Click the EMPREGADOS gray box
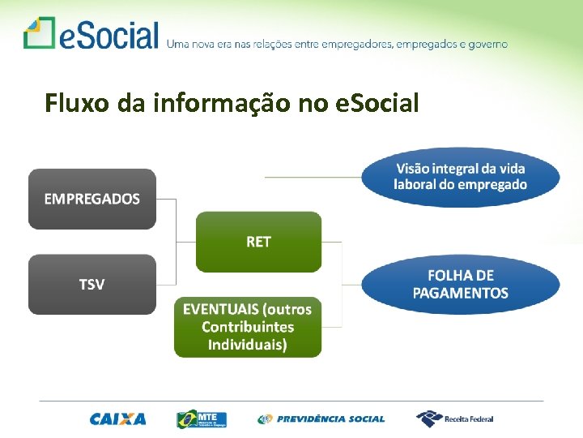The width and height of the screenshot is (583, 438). click(91, 199)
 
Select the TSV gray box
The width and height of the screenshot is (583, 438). click(91, 285)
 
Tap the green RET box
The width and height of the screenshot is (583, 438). click(258, 242)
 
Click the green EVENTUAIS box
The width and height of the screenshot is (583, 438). click(247, 327)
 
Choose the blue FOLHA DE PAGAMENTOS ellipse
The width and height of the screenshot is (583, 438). click(460, 285)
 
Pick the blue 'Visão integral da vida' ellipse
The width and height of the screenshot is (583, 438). click(460, 177)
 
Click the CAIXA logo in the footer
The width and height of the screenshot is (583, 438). click(118, 419)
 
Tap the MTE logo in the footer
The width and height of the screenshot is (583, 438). click(202, 419)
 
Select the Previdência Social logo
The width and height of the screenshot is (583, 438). click(321, 419)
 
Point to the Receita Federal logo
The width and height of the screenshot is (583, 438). click(454, 419)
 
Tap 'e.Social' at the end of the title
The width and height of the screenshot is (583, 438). click(378, 103)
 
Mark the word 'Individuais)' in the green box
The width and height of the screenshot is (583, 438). click(247, 345)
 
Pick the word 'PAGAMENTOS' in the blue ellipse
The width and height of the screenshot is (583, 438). click(460, 294)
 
